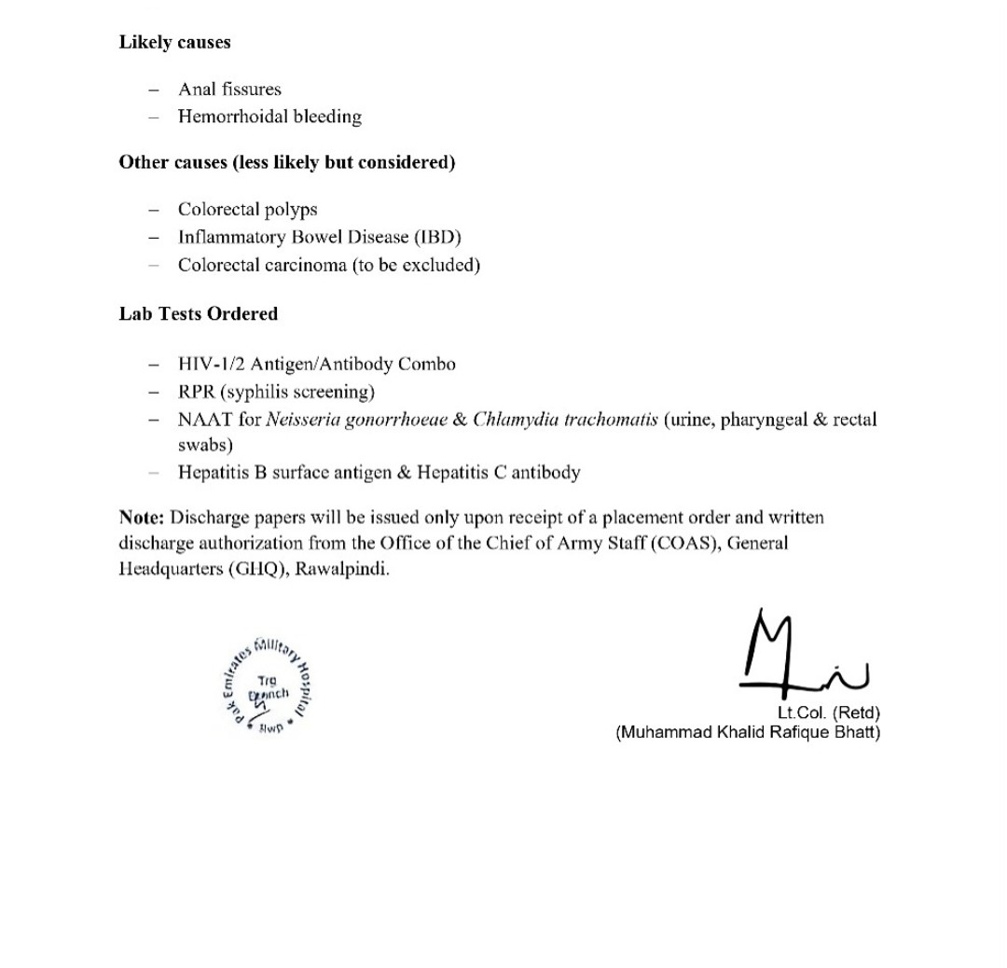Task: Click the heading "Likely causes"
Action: point(174,42)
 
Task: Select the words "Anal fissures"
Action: point(229,90)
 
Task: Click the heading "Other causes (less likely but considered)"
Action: point(286,162)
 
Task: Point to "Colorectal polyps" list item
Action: point(247,210)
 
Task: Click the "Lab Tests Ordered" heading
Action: point(198,313)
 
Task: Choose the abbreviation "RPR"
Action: point(197,392)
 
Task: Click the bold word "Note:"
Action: point(142,518)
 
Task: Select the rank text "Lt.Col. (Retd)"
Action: point(828,713)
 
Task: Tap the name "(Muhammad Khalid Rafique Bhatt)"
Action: point(747,732)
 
